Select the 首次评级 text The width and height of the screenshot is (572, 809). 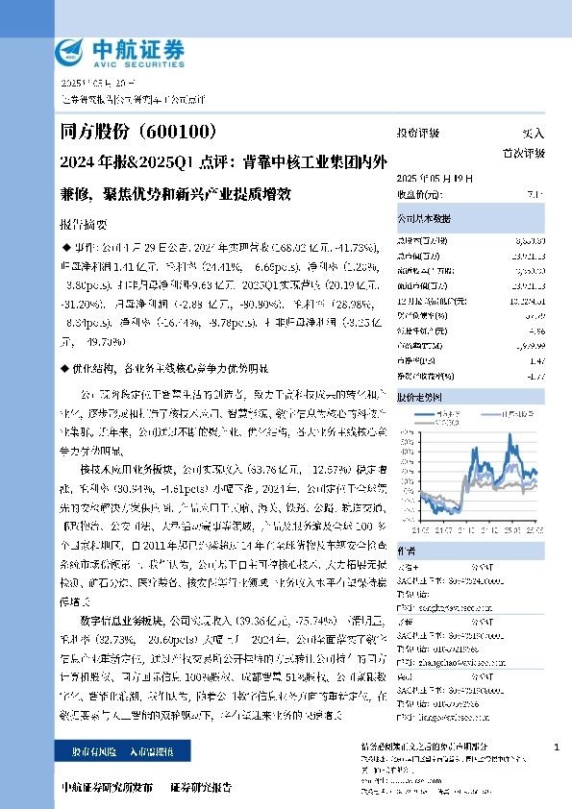click(524, 153)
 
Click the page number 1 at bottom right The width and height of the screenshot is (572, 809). click(557, 747)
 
